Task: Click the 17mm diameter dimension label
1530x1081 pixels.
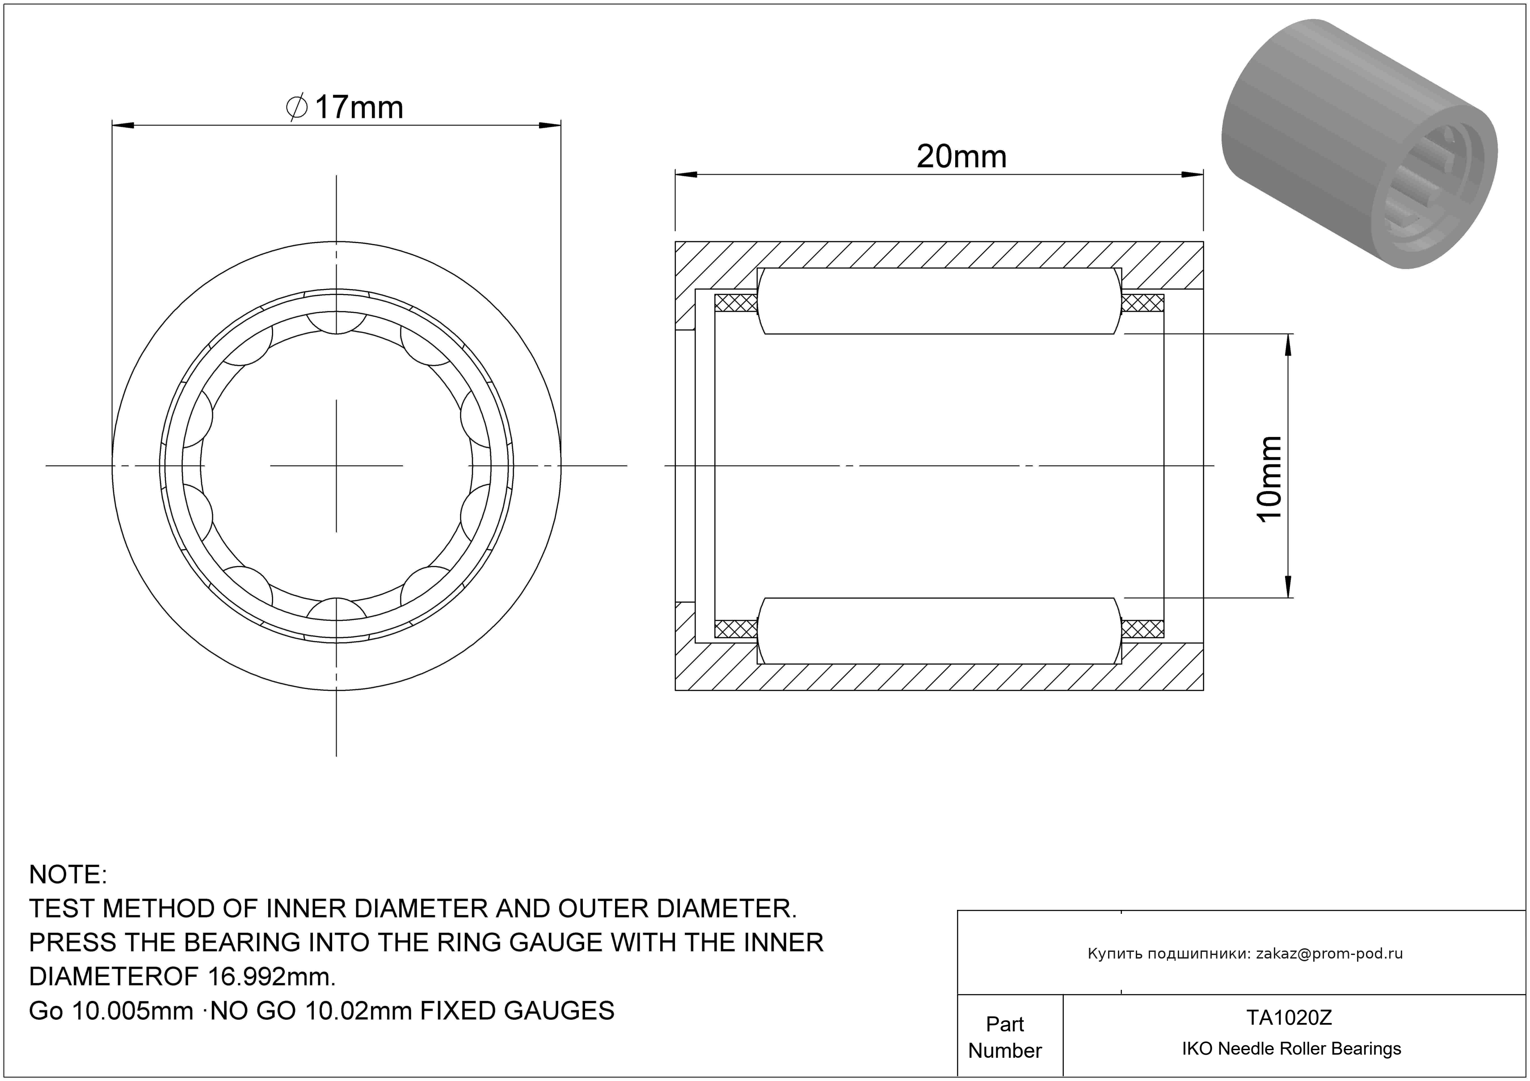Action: click(x=345, y=107)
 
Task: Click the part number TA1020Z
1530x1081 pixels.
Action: click(x=1289, y=1018)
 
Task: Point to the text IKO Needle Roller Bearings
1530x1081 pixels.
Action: click(x=1291, y=1049)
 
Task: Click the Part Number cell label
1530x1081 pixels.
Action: click(x=1005, y=1037)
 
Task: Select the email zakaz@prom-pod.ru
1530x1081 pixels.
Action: click(x=1329, y=954)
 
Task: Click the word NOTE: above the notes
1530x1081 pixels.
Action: click(x=68, y=875)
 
